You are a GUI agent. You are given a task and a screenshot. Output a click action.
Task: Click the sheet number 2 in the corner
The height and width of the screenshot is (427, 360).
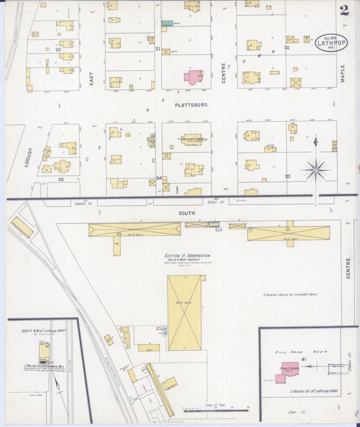click(344, 10)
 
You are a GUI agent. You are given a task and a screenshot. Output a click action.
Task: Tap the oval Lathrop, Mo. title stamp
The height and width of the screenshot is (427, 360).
click(331, 43)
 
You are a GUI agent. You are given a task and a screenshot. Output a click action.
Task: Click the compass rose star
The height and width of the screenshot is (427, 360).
click(315, 169)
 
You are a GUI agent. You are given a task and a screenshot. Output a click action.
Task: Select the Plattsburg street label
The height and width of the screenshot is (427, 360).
click(190, 105)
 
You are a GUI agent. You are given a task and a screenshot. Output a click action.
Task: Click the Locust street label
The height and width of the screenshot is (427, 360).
click(28, 157)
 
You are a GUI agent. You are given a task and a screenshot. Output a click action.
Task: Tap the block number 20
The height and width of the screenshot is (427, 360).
click(59, 49)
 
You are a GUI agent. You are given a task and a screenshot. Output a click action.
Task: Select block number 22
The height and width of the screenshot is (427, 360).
click(286, 48)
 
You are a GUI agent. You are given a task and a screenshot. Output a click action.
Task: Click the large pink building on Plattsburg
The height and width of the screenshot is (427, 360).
click(194, 76)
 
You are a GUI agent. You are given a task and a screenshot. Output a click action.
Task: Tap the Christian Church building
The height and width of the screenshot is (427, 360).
click(191, 139)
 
